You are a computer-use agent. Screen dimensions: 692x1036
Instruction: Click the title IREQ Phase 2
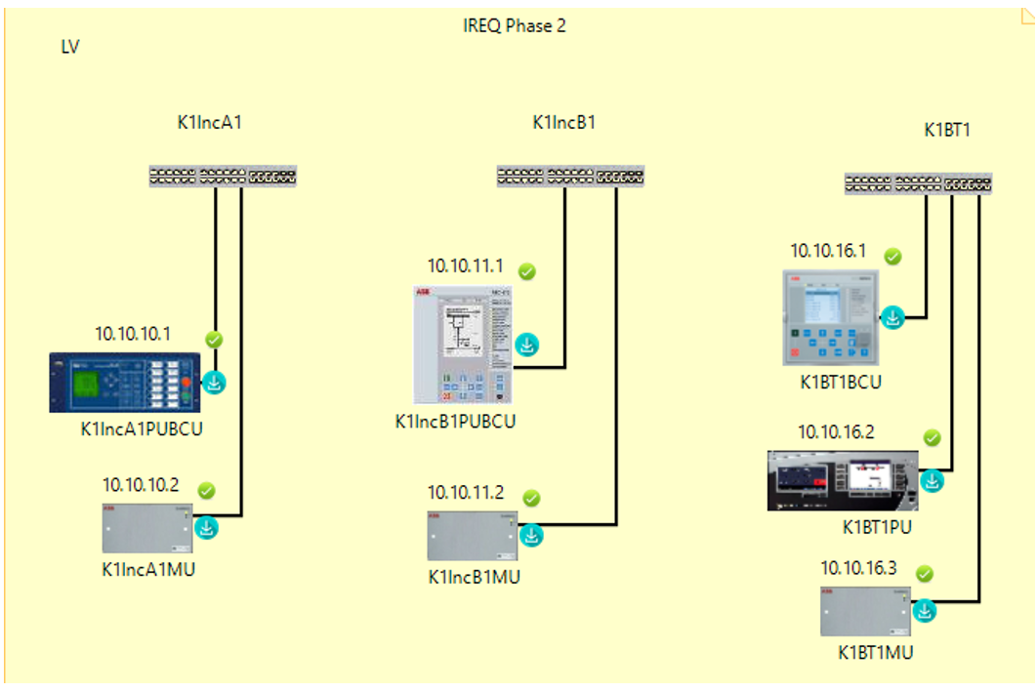[515, 26]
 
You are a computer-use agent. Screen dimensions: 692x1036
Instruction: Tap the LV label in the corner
[70, 47]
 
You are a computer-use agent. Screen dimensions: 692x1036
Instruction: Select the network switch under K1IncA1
[223, 177]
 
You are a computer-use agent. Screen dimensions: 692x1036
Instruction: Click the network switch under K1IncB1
[570, 177]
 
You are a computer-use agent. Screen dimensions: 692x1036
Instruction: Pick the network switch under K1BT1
[918, 183]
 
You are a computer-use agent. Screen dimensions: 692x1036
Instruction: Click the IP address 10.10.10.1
[133, 334]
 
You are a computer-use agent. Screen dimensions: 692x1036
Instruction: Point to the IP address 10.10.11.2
[466, 492]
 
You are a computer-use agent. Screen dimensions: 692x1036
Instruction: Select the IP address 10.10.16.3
[858, 568]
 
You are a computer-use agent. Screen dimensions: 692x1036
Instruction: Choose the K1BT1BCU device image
[832, 319]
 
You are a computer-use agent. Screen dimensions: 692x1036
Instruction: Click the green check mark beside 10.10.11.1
[527, 271]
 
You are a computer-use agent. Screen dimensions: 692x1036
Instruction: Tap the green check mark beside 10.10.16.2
[932, 438]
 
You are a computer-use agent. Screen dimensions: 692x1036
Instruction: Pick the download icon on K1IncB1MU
[531, 535]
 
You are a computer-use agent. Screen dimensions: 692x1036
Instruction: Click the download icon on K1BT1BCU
[893, 318]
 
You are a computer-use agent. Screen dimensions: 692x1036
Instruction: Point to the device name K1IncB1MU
[475, 577]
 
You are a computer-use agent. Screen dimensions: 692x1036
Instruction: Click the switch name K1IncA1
[209, 123]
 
